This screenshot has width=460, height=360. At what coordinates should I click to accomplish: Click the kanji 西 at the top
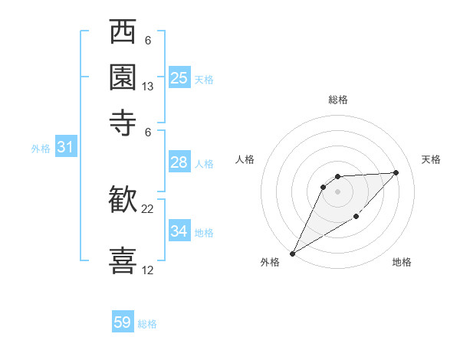[x=123, y=34]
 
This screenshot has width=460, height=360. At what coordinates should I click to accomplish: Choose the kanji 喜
[x=123, y=259]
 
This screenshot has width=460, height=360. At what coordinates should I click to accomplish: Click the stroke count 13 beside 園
[x=148, y=87]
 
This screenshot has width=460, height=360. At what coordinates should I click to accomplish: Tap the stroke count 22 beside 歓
[x=148, y=208]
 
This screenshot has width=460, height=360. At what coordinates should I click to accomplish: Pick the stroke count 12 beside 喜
[x=148, y=270]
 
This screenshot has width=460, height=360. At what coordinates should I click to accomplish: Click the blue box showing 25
[x=179, y=77]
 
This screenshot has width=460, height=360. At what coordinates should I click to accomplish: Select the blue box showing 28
[x=179, y=162]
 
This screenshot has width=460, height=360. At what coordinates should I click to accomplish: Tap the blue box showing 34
[x=179, y=231]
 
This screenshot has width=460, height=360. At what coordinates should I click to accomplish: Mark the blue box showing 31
[x=65, y=147]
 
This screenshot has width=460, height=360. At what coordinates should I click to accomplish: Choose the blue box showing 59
[x=123, y=322]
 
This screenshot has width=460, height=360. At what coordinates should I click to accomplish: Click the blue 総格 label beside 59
[x=147, y=324]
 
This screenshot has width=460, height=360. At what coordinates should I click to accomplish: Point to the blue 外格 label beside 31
[x=41, y=149]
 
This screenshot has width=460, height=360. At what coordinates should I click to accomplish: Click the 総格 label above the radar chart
[x=337, y=100]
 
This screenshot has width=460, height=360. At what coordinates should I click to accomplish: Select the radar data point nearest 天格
[x=396, y=172]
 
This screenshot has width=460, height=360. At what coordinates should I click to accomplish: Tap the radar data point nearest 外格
[x=292, y=253]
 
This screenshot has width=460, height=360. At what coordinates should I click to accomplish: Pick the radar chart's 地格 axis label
[x=402, y=262]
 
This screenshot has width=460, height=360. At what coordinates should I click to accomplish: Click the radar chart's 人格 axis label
[x=245, y=159]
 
